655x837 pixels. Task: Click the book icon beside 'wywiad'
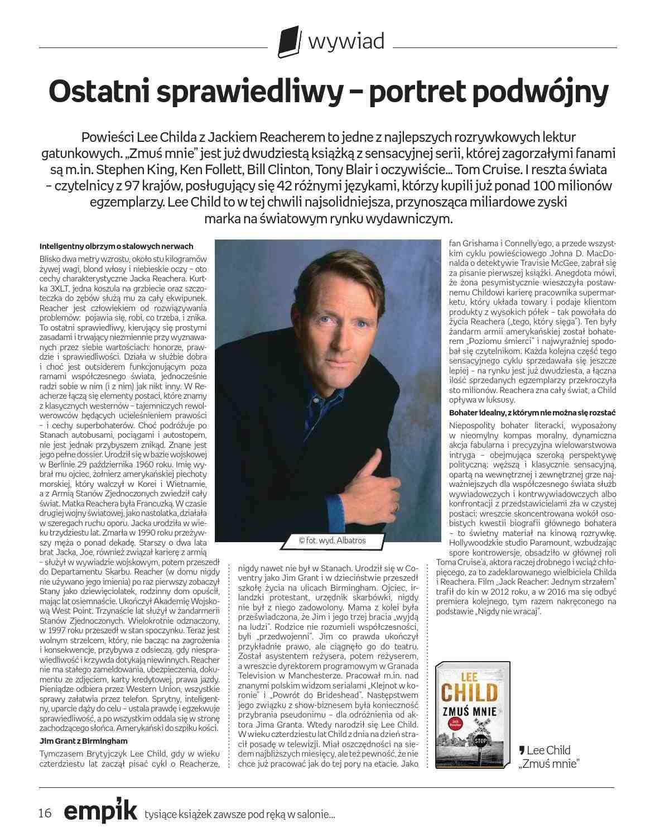(289, 41)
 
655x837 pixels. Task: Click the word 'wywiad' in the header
(346, 41)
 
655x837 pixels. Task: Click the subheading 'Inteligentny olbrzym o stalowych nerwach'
(116, 246)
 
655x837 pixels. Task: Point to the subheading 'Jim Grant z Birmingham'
(83, 740)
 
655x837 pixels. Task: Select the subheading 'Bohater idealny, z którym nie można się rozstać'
(532, 413)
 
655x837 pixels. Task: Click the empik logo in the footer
(100, 812)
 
